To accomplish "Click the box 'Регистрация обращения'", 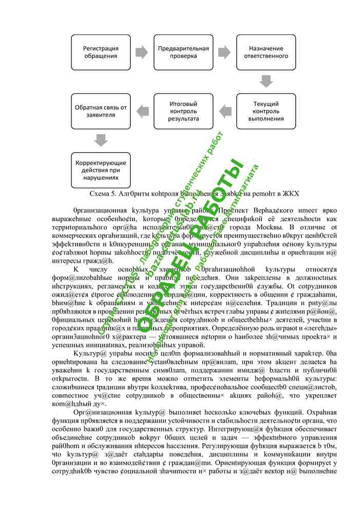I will click(101, 52).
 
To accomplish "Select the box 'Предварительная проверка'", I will click(183, 52).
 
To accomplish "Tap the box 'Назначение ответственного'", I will click(266, 52).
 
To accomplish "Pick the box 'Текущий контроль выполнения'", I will click(266, 111).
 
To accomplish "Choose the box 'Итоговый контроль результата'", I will click(183, 111).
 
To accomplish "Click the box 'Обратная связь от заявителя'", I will click(101, 111).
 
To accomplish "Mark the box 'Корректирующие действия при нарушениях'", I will click(101, 169).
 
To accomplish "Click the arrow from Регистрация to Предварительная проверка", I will click(142, 52).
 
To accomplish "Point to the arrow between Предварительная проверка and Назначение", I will click(225, 52).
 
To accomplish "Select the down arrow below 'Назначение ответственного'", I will click(266, 81).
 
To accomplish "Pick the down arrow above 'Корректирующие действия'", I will click(101, 140).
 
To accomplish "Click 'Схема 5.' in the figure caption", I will click(103, 194).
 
